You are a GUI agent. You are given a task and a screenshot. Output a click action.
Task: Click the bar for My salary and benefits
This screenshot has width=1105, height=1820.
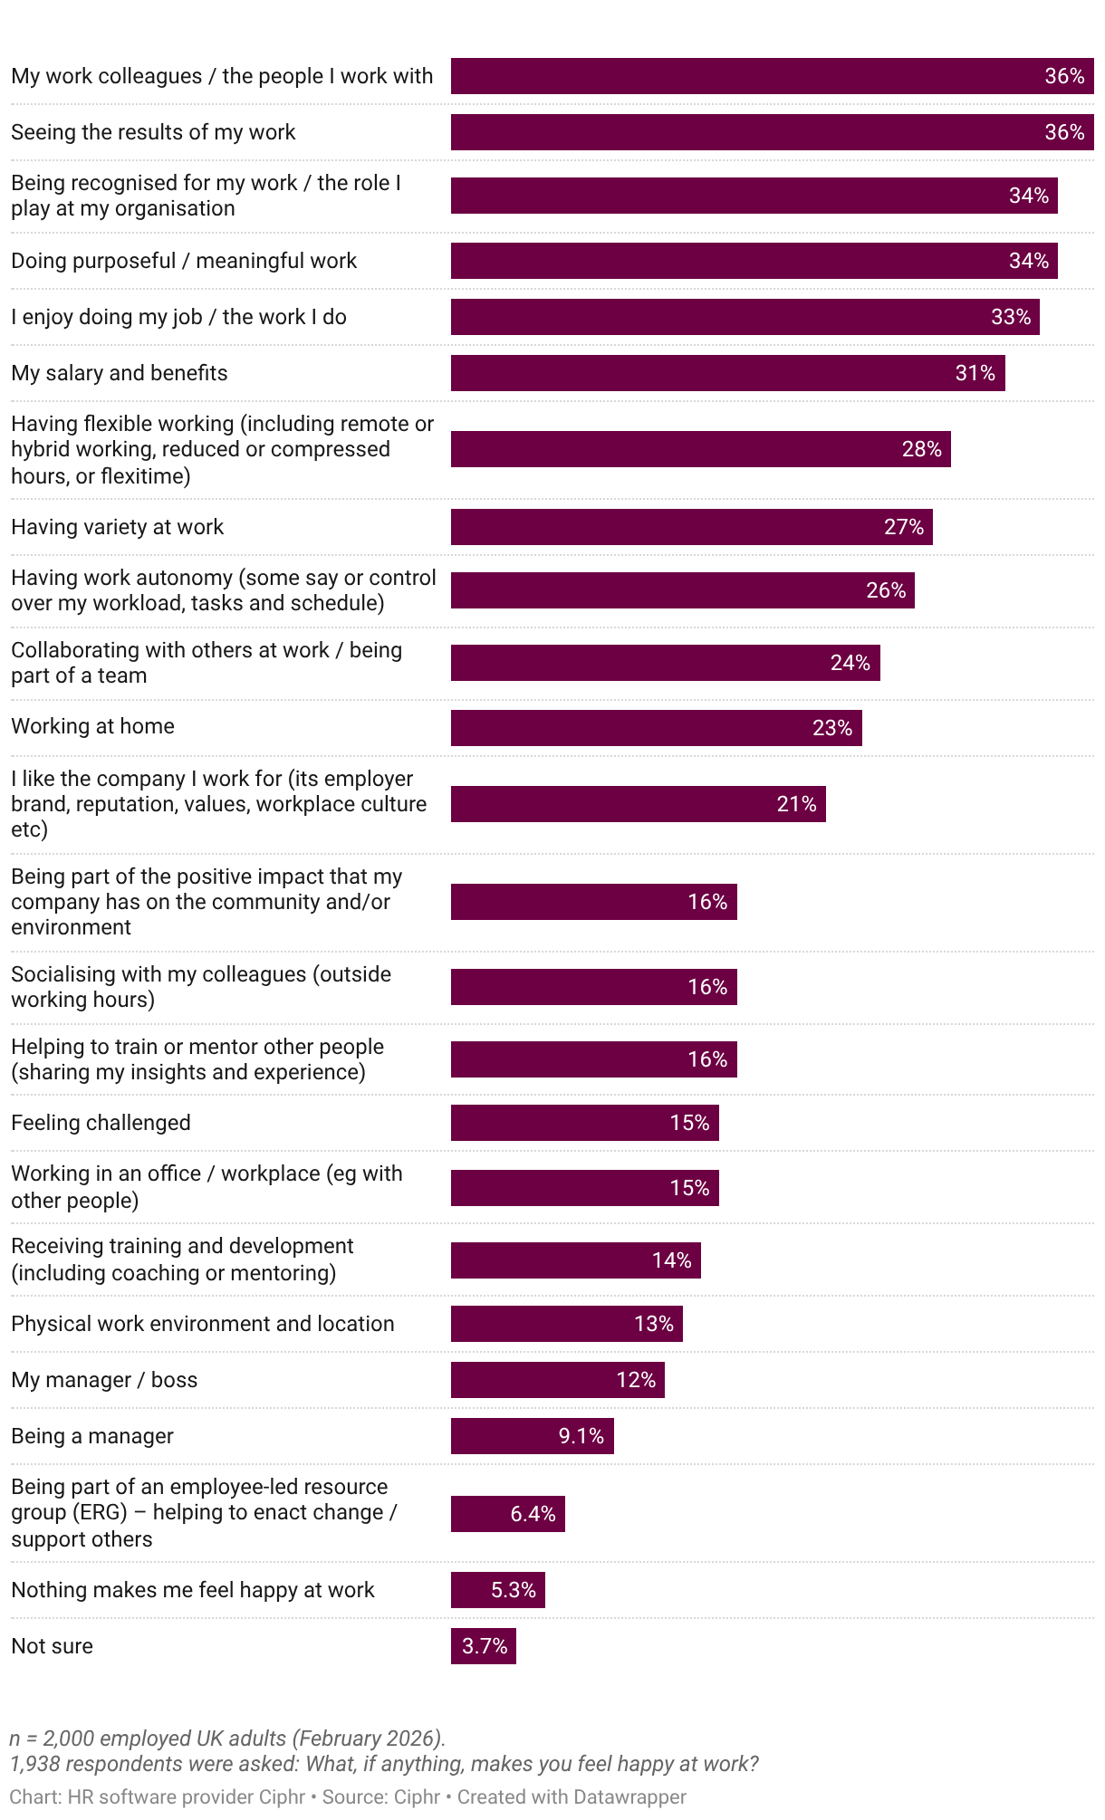pyautogui.click(x=727, y=373)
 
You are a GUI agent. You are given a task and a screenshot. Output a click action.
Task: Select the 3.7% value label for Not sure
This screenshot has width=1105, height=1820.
pyautogui.click(x=485, y=1646)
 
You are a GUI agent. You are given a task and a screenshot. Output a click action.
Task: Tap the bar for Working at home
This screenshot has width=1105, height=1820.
pyautogui.click(x=656, y=728)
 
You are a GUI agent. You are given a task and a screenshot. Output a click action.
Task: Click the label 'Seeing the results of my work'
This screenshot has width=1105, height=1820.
pyautogui.click(x=153, y=132)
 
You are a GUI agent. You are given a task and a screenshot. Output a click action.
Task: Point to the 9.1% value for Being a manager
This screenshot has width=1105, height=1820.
pyautogui.click(x=581, y=1436)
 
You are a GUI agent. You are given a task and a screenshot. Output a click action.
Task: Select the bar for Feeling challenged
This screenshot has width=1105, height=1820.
pyautogui.click(x=584, y=1123)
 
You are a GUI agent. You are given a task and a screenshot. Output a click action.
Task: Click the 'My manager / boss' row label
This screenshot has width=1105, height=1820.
pyautogui.click(x=104, y=1380)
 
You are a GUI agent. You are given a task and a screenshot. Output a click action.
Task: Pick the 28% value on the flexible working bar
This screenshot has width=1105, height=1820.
pyautogui.click(x=921, y=449)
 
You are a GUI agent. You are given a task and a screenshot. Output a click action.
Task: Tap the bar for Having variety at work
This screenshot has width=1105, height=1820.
pyautogui.click(x=691, y=527)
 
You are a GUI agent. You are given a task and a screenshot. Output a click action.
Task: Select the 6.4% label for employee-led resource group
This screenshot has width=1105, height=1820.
pyautogui.click(x=533, y=1514)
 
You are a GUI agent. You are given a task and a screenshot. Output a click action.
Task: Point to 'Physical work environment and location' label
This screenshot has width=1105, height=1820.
pyautogui.click(x=203, y=1324)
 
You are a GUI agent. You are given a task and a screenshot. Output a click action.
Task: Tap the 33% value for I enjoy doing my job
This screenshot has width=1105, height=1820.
pyautogui.click(x=1011, y=317)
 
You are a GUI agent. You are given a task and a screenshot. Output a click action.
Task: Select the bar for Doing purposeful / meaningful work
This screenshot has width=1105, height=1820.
pyautogui.click(x=754, y=261)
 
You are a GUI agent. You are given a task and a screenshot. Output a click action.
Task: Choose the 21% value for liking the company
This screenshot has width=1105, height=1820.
pyautogui.click(x=796, y=804)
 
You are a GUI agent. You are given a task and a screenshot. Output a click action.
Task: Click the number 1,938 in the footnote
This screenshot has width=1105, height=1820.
pyautogui.click(x=34, y=1764)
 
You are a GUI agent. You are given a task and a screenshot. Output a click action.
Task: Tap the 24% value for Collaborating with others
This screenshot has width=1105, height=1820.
pyautogui.click(x=850, y=663)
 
